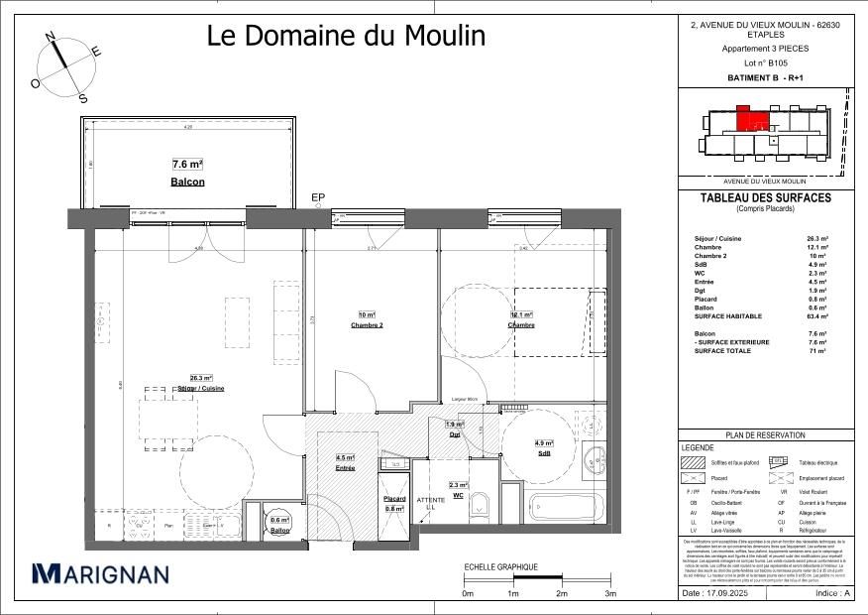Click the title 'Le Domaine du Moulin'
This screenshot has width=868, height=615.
click(346, 36)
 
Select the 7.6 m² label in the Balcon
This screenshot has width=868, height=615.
click(187, 165)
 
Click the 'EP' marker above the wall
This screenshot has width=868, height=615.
click(318, 198)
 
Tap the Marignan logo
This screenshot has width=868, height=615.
click(100, 573)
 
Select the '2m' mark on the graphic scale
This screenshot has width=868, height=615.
click(561, 593)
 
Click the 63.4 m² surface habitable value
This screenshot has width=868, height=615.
click(817, 315)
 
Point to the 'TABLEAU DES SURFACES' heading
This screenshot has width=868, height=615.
click(765, 197)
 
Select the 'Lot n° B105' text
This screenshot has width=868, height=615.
click(765, 61)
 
